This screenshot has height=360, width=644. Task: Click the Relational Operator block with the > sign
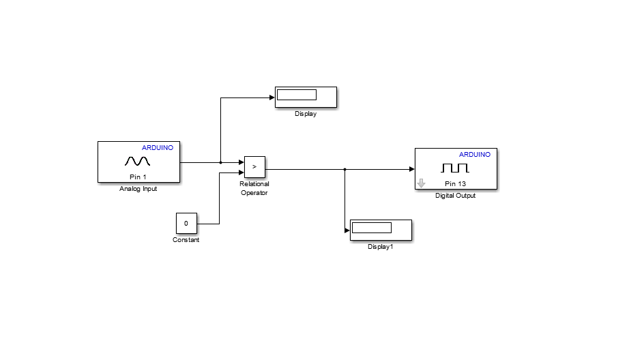click(254, 166)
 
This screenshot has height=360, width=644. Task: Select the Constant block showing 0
click(186, 223)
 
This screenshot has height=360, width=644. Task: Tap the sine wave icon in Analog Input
click(137, 161)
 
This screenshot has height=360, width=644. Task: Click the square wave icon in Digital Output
click(455, 167)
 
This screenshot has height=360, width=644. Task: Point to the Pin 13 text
click(455, 184)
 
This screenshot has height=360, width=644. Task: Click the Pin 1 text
click(138, 177)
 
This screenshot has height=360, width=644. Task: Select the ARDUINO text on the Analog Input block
click(158, 147)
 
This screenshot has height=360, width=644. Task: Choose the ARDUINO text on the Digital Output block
click(474, 154)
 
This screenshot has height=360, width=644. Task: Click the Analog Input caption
click(138, 189)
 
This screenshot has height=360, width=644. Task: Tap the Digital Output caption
click(455, 196)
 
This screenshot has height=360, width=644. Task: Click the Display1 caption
click(381, 247)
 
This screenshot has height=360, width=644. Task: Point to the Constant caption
click(186, 240)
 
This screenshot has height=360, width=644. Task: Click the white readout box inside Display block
click(297, 95)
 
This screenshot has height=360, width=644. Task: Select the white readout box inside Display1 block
click(371, 228)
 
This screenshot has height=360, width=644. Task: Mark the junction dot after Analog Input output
click(220, 162)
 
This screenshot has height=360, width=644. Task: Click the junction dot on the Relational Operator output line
click(345, 169)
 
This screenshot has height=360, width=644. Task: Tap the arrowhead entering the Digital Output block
click(411, 169)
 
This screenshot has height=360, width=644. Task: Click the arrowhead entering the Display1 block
click(347, 230)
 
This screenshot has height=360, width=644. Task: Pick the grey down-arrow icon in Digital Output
click(421, 183)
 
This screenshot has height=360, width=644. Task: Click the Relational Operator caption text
click(254, 188)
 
